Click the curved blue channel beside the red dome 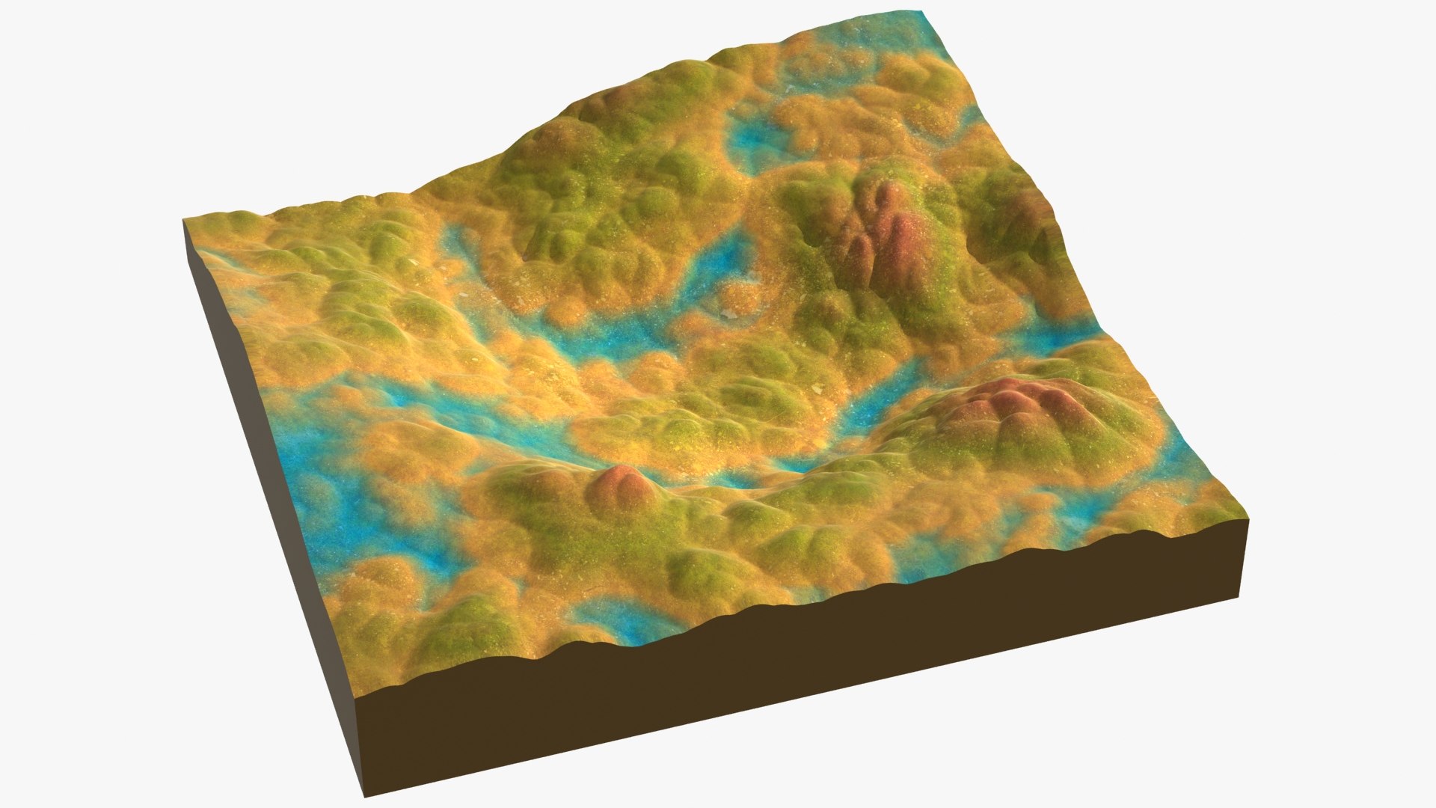click(x=868, y=419)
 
